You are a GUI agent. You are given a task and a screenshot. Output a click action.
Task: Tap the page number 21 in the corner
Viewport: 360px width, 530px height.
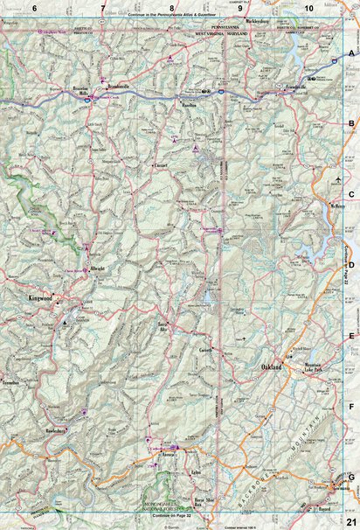[x=351, y=521]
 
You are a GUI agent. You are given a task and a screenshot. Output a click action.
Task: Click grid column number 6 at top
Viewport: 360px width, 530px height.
[x=34, y=8]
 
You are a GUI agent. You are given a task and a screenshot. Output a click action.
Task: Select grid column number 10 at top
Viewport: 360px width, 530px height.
[x=308, y=8]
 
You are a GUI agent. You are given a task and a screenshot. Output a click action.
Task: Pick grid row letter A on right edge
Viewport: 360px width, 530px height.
[x=352, y=54]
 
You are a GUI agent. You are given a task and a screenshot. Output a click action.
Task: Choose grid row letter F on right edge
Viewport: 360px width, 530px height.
[x=352, y=408]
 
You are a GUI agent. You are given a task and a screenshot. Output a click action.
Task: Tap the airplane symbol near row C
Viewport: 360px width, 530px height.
[x=337, y=181]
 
